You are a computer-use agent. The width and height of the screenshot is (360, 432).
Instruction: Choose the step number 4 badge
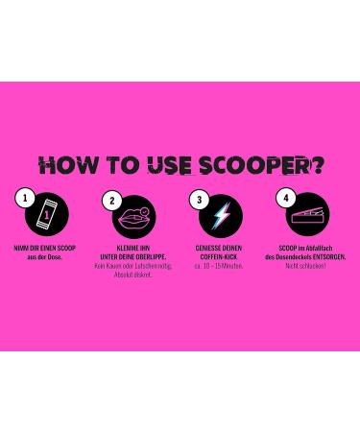(x=285, y=198)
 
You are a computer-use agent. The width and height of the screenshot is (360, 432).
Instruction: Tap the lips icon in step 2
(x=132, y=217)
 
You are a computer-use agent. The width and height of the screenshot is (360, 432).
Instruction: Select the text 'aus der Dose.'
(x=45, y=257)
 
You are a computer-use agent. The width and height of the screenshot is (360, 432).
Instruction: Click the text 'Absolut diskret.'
(x=132, y=275)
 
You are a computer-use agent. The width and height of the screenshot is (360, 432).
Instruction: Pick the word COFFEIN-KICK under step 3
(x=220, y=257)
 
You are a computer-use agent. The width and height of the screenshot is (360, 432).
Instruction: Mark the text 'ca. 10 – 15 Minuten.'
(x=220, y=266)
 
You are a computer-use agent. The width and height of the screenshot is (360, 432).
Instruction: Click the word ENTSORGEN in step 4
(x=328, y=257)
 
